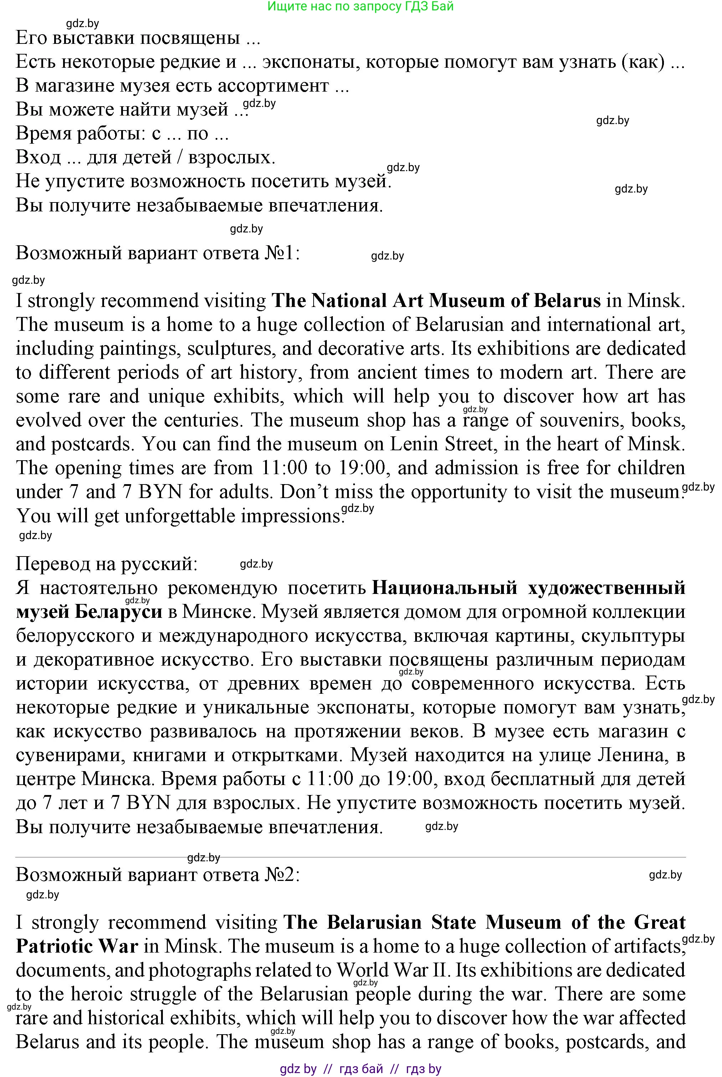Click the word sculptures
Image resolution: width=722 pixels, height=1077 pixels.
click(232, 349)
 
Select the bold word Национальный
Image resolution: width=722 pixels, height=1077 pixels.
click(444, 588)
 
